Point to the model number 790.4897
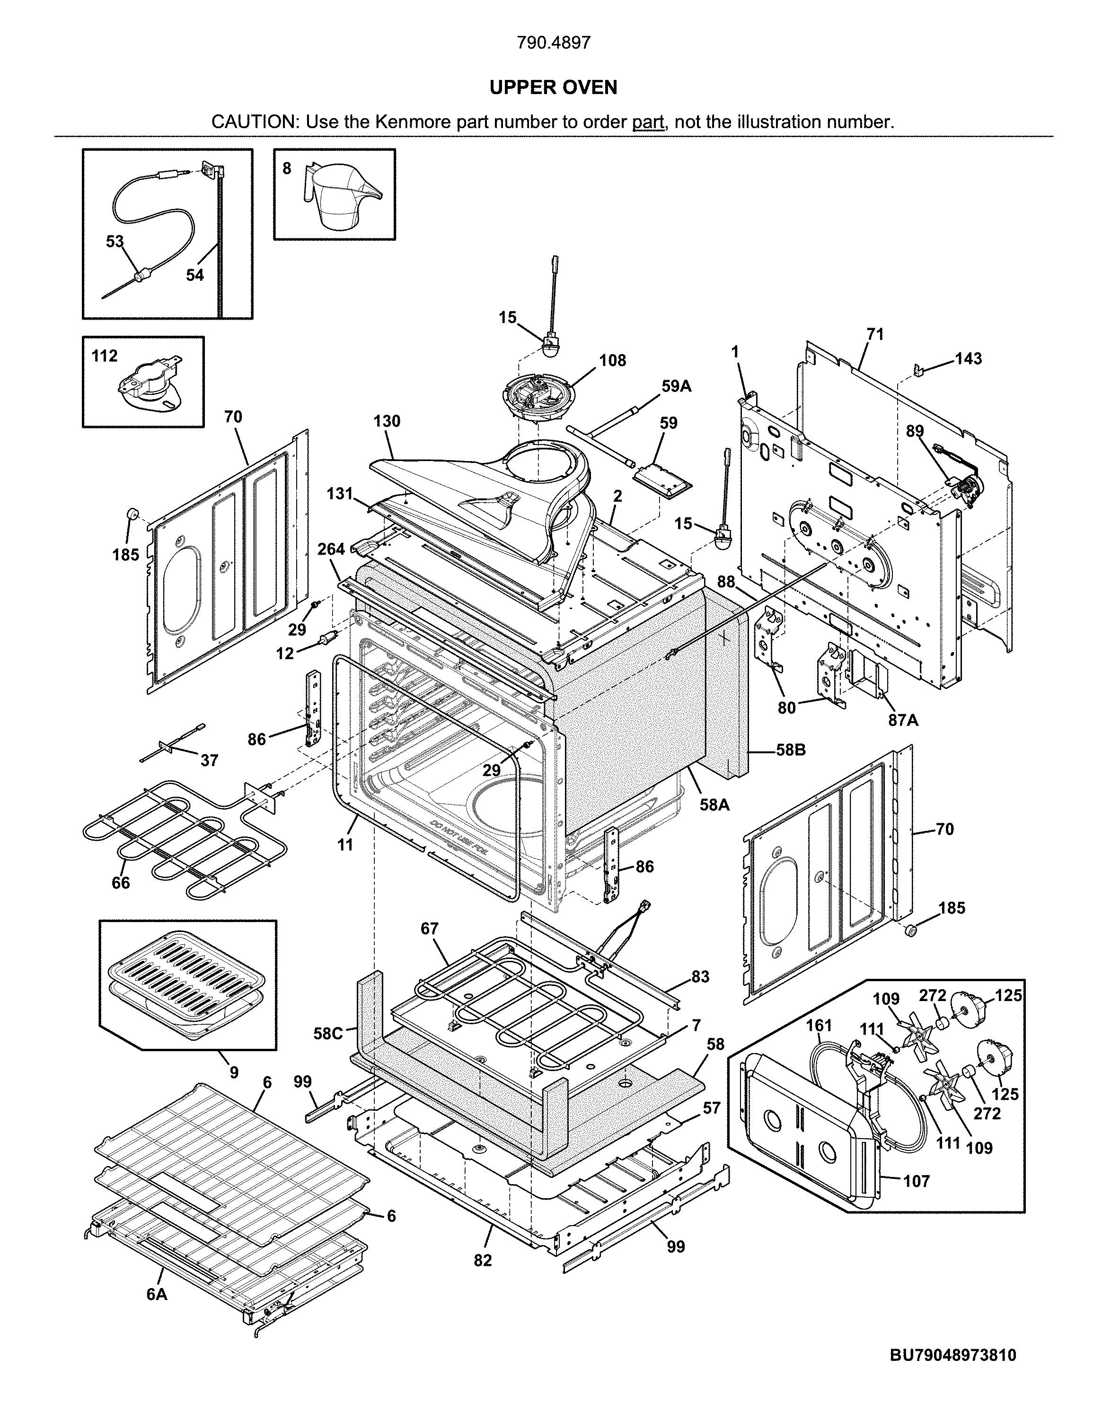554,43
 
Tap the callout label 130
387,421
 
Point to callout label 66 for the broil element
120,882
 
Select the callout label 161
819,1025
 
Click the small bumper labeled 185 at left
133,514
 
